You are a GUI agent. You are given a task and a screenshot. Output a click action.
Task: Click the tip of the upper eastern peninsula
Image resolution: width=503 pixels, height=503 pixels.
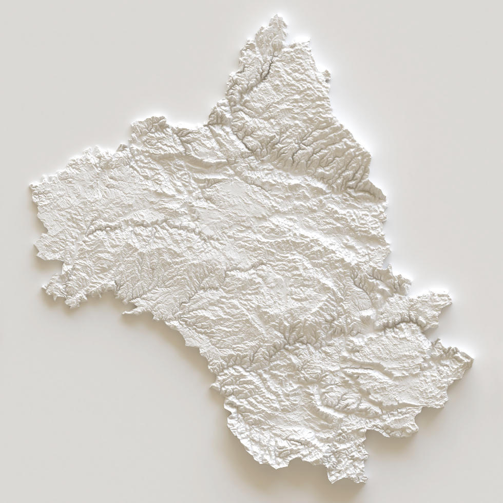coord(450,298)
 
